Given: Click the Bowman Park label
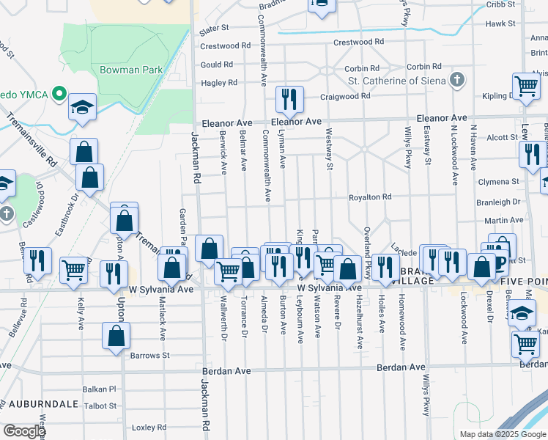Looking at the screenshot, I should point(131,70).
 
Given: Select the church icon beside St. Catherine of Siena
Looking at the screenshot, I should point(456,79).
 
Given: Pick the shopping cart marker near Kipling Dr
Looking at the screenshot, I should point(526,86).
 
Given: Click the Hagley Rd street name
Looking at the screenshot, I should point(220,83).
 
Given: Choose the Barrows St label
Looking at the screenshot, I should point(151,355).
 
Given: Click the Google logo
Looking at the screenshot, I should point(23,431).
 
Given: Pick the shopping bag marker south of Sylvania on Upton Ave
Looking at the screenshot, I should point(116,338).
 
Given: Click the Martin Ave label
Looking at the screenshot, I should point(508,220).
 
